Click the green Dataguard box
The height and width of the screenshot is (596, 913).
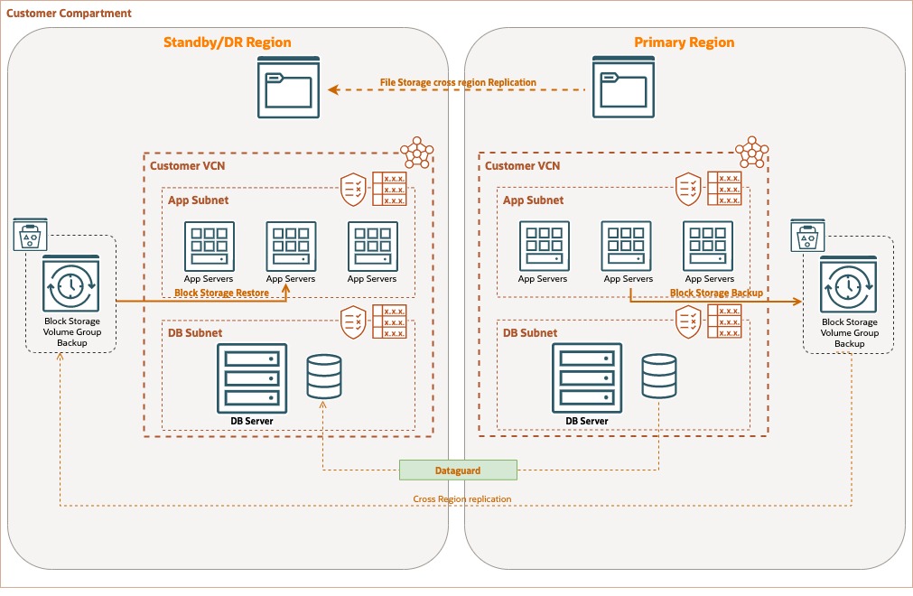coord(458,470)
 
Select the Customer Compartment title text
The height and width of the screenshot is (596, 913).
coord(69,14)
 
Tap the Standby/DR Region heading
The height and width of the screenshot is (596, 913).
coord(227,42)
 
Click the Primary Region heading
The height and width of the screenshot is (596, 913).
coord(684,42)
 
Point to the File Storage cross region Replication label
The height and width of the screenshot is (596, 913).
coord(458,83)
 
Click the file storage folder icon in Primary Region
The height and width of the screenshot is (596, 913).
coord(622,87)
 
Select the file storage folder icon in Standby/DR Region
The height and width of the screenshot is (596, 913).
coord(288,87)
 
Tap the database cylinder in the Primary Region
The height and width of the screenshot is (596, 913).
coord(658,377)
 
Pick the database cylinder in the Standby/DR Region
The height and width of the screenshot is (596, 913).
coord(324,377)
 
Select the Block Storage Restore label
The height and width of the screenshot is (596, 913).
coord(221,293)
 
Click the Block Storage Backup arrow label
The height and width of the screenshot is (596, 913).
coord(716,293)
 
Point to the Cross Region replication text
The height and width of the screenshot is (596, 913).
coord(462,499)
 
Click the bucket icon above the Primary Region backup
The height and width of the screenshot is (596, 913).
coord(804,237)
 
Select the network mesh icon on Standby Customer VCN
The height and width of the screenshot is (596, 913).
coord(416,153)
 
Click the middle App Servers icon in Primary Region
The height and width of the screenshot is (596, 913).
coord(627,246)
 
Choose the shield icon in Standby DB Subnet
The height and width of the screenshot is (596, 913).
coord(353,321)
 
